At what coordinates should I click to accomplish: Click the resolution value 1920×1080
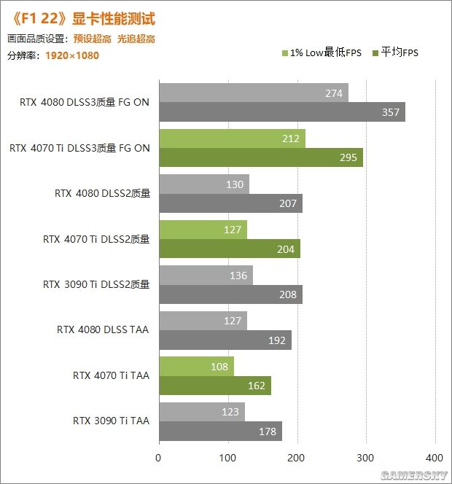pos(72,55)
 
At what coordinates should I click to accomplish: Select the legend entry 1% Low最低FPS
pos(322,52)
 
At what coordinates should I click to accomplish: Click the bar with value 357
pos(281,112)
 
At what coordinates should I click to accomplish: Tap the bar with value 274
pos(253,93)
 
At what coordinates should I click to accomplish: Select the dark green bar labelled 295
pos(260,157)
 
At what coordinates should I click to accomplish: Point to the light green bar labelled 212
pos(232,138)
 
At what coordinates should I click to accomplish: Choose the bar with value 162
pos(214,386)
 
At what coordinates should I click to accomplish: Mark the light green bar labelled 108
pos(196,367)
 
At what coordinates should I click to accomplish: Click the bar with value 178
pos(220,432)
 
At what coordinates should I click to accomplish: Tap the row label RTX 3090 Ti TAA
pos(111,421)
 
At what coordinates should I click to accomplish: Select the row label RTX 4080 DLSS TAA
pos(103,329)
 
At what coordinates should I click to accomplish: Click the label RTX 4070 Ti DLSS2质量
pos(96,238)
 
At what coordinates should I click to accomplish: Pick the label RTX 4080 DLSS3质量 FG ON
pos(85,102)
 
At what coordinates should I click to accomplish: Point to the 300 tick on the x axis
pos(366,458)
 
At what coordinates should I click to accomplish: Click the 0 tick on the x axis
pos(158,458)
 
